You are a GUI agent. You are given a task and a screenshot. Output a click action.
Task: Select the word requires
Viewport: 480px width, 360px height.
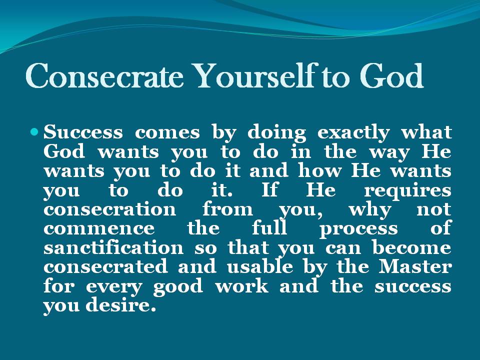[x=407, y=190]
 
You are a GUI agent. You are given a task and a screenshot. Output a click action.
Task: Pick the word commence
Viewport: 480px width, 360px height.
[x=99, y=229]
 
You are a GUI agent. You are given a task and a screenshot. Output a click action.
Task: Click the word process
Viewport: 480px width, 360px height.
[x=358, y=229]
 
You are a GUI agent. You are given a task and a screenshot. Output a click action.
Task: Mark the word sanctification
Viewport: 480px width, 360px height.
[x=114, y=248]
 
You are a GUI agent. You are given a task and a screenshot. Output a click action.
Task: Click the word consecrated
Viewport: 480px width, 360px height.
[x=105, y=267]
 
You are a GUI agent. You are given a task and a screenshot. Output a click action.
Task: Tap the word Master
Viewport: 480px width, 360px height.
[x=414, y=267]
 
